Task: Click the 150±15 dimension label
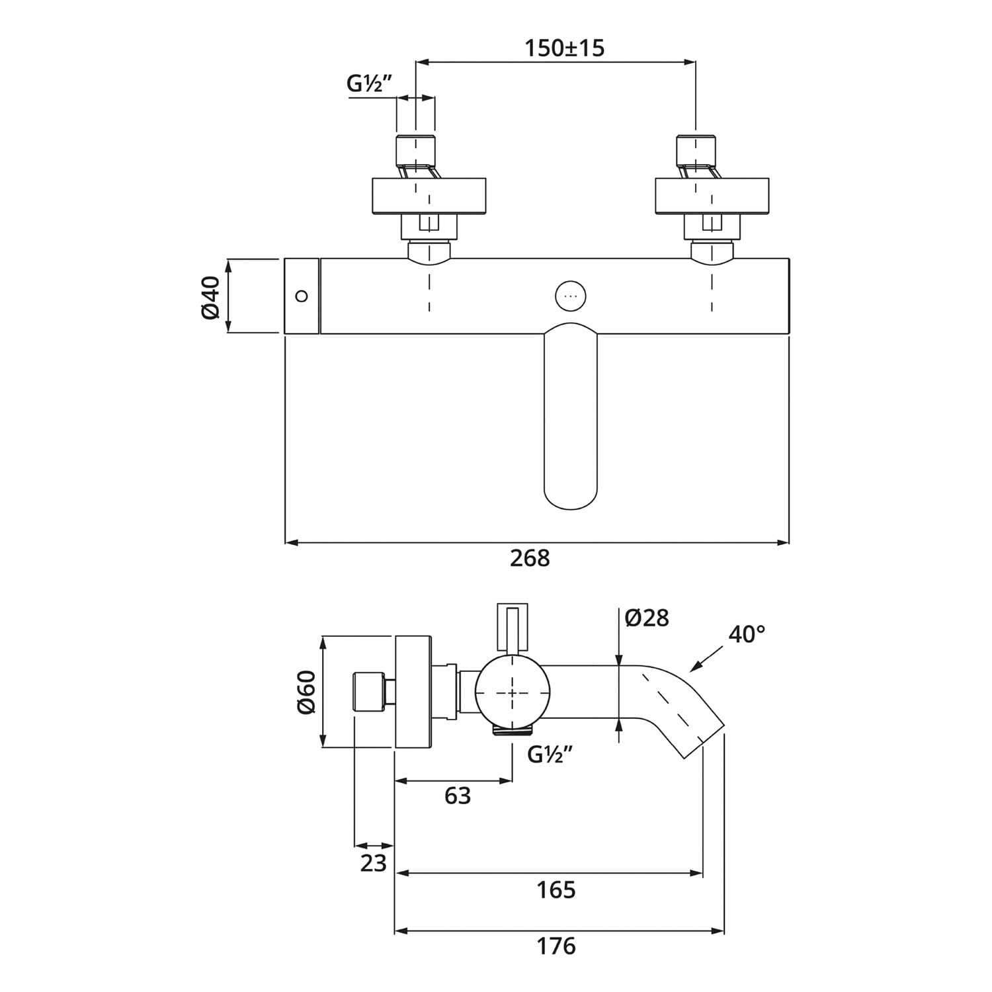pos(564,48)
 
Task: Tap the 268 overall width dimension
pos(530,559)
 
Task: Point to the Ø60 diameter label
pos(306,692)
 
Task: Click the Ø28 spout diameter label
pos(647,618)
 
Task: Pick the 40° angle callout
pos(747,634)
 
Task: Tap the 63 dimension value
pos(458,796)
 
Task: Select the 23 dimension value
pos(373,863)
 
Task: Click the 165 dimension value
pos(556,890)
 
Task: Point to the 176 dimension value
pos(556,946)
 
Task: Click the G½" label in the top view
pos(370,84)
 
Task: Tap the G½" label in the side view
pos(550,755)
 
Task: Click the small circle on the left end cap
pos(302,296)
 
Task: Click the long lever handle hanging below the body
pos(570,417)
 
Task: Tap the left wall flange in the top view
pos(429,196)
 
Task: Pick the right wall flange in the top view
pos(712,196)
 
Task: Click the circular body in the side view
pos(513,692)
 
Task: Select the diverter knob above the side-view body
pos(512,627)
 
